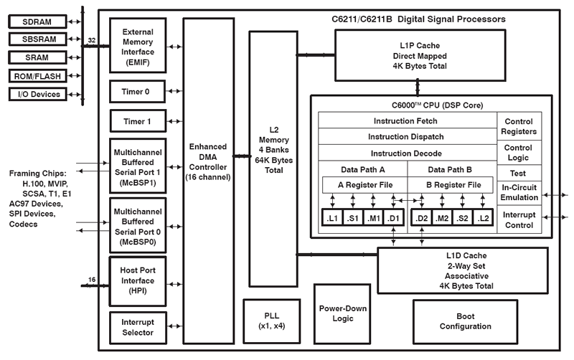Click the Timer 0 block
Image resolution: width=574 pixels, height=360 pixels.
tap(138, 91)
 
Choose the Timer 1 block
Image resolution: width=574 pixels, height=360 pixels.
tap(138, 121)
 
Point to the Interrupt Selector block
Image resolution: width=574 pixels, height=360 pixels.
tap(138, 327)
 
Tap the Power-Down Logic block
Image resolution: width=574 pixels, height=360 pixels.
tap(342, 313)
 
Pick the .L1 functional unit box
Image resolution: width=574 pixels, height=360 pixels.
tap(332, 217)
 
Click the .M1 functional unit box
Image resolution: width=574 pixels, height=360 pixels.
tap(373, 217)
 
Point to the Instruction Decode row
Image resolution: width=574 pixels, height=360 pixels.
tap(407, 153)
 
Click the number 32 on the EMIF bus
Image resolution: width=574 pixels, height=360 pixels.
tap(92, 41)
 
